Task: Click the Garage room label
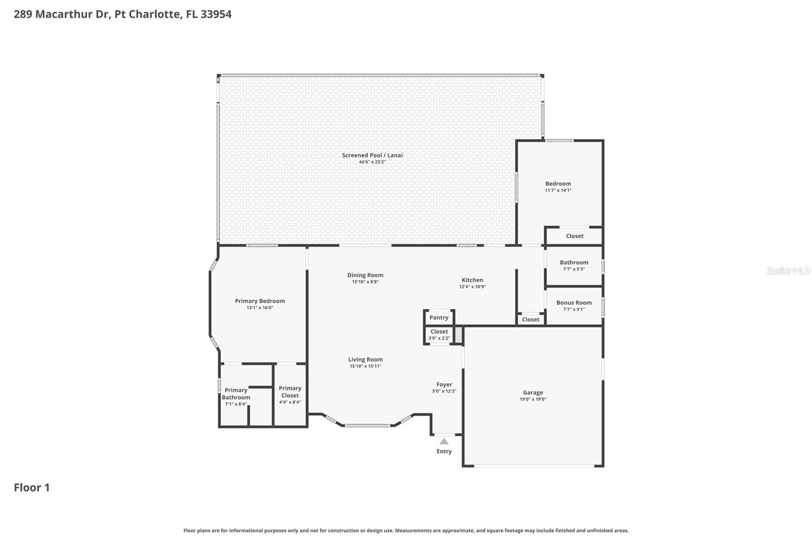coord(533,392)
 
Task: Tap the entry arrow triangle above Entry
coord(444,442)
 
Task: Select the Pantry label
coord(439,318)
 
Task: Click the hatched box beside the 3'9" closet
coord(458,335)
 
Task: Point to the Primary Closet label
coord(290,392)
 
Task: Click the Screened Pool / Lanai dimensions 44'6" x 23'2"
coord(372,162)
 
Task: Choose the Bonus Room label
coord(574,302)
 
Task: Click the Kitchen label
coord(472,280)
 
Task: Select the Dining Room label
coord(365,275)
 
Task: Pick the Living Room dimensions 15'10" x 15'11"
coord(365,366)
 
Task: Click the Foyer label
coord(444,385)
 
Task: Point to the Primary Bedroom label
coord(260,301)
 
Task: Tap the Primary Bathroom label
coord(236,394)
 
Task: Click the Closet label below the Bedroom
coord(574,236)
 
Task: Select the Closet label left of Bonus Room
coord(531,319)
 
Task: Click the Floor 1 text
coord(31,488)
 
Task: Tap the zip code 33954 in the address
coord(216,14)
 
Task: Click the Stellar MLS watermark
coord(788,271)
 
